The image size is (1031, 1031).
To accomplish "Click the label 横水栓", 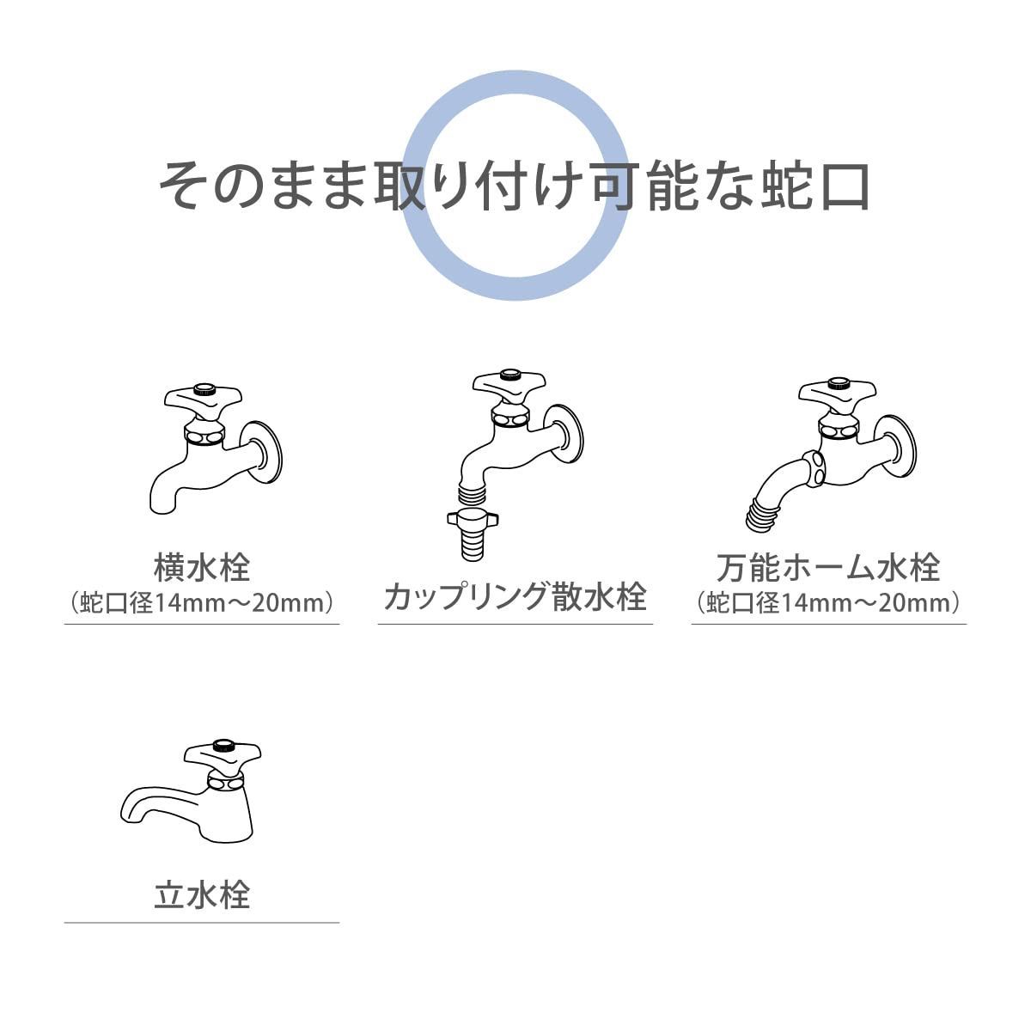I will click(x=202, y=568).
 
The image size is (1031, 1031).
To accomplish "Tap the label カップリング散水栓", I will click(x=515, y=595).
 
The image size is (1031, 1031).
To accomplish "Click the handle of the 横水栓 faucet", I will click(x=203, y=399).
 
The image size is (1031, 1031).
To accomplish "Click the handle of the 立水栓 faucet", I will click(x=223, y=754).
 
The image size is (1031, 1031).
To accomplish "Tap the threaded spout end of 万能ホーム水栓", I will click(x=760, y=515).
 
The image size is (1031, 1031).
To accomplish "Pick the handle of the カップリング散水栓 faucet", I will click(x=509, y=383).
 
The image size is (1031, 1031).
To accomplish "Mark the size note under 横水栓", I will click(x=202, y=602).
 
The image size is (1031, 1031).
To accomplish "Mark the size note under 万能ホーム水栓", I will click(x=828, y=602).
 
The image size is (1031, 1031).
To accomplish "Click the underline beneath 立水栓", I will click(x=202, y=923).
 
